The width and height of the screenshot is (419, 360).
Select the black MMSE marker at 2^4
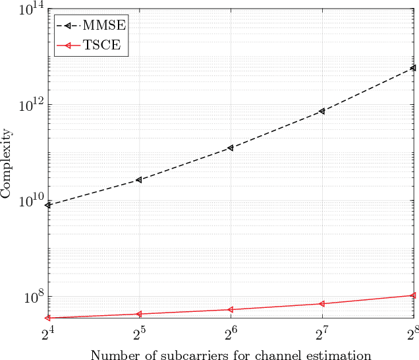[49, 205]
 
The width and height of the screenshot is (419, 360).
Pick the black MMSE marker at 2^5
[139, 180]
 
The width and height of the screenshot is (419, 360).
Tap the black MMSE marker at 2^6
[231, 148]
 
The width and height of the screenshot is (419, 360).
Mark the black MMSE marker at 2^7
[321, 111]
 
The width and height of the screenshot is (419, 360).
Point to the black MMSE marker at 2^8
[412, 68]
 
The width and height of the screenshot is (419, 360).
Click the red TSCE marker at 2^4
[49, 318]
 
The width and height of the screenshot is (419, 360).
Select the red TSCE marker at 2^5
[139, 314]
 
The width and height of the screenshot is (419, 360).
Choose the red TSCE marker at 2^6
[231, 309]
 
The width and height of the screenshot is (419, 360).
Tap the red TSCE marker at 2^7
[321, 303]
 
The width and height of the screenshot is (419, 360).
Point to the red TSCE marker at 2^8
[412, 295]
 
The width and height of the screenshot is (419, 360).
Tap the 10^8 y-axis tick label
[32, 297]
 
